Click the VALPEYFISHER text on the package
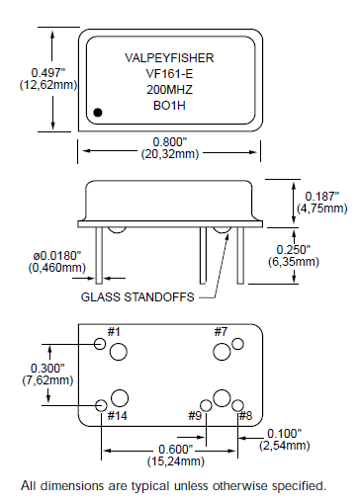(170, 58)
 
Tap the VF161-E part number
(170, 74)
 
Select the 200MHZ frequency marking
(170, 90)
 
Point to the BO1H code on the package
(170, 106)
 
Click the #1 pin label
(113, 331)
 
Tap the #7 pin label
(221, 331)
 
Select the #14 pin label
(117, 416)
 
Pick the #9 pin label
(196, 416)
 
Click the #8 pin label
(246, 416)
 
